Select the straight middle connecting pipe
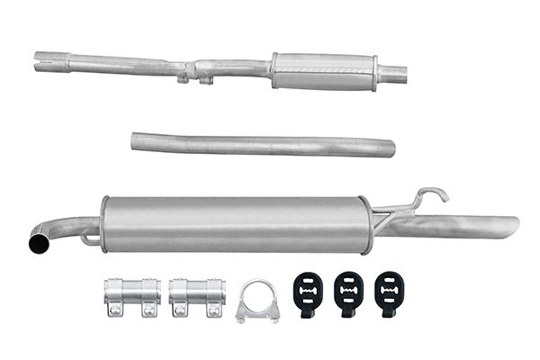[x=261, y=145]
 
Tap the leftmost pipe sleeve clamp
[x=126, y=296]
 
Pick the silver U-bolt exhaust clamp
[x=257, y=302]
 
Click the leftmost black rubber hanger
[x=306, y=292]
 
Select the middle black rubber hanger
[x=347, y=292]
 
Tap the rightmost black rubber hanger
[x=389, y=292]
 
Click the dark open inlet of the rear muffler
[x=38, y=244]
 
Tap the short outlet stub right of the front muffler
[x=392, y=73]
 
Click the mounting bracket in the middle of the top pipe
[x=193, y=72]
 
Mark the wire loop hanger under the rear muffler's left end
[x=90, y=238]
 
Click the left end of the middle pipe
[x=137, y=139]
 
